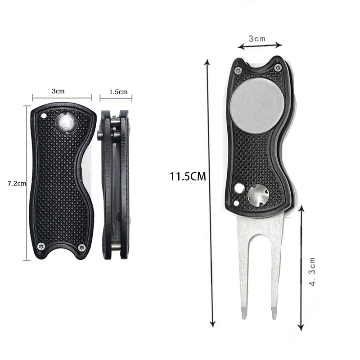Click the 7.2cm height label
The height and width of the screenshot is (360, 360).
click(13, 183)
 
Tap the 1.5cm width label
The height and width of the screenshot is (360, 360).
click(118, 92)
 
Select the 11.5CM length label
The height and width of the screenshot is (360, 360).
click(188, 176)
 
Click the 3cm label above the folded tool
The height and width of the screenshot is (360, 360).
click(58, 91)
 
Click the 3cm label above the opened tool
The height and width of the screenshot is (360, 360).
click(257, 39)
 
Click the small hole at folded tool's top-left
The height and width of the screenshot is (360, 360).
click(43, 115)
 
